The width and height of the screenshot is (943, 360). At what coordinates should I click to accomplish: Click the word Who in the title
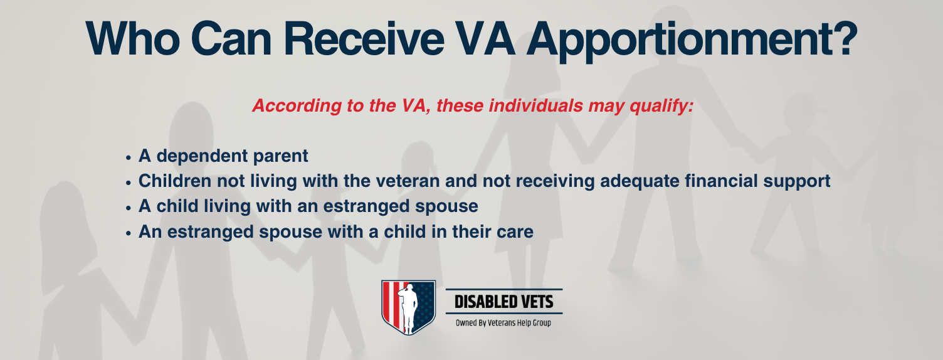(133, 39)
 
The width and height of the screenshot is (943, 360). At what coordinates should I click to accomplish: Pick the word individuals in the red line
(536, 105)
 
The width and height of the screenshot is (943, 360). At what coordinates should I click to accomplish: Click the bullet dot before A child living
(129, 208)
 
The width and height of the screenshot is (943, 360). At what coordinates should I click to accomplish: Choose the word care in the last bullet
(516, 233)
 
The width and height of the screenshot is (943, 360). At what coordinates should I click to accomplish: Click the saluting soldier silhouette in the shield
(408, 307)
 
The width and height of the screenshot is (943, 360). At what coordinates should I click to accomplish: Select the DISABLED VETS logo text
(504, 302)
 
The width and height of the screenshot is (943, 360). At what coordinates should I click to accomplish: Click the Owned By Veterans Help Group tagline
(503, 323)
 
